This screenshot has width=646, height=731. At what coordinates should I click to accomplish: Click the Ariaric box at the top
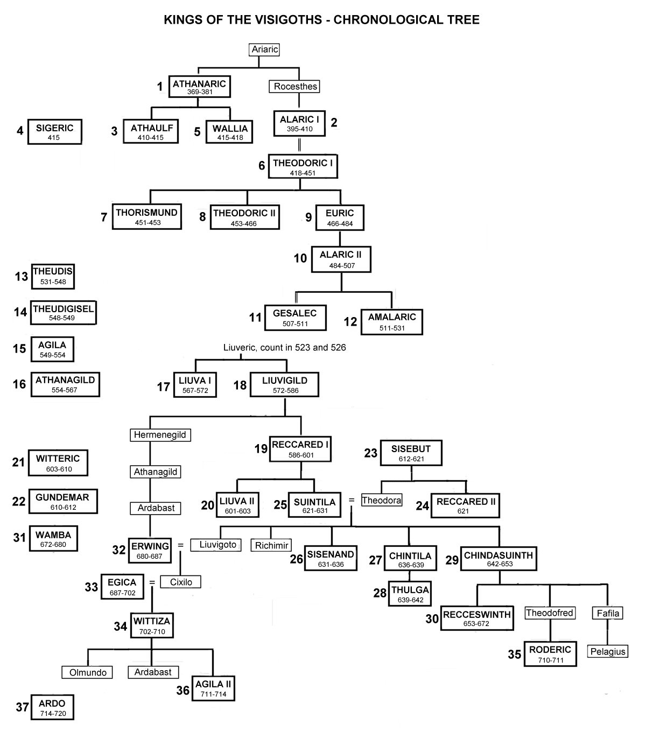[x=264, y=50]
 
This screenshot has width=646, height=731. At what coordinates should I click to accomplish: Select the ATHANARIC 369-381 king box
[x=200, y=87]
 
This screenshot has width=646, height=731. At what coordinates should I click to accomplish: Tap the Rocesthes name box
[x=294, y=87]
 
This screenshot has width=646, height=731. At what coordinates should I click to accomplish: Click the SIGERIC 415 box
[x=55, y=132]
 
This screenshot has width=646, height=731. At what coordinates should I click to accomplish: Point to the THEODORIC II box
[x=245, y=217]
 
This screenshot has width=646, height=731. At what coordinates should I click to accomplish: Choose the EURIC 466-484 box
[x=340, y=217]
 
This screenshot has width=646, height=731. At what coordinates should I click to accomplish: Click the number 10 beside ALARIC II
[x=300, y=258]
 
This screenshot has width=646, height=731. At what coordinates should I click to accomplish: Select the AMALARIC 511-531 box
[x=392, y=322]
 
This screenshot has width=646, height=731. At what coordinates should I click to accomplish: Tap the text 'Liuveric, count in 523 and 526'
[x=284, y=347]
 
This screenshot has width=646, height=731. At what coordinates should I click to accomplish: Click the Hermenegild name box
[x=160, y=435]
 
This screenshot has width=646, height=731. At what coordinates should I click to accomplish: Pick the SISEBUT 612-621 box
[x=411, y=453]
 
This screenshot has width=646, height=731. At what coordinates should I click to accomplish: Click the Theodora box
[x=382, y=500]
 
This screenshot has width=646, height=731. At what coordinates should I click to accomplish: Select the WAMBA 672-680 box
[x=53, y=539]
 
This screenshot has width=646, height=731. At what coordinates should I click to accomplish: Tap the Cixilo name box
[x=180, y=582]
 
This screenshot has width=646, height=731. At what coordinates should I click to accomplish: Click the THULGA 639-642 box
[x=410, y=594]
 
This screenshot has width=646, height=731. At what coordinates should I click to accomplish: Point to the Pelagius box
[x=608, y=651]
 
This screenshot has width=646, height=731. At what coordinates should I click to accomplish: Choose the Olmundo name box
[x=87, y=672]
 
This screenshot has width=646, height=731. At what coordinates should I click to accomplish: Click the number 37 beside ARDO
[x=23, y=707]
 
